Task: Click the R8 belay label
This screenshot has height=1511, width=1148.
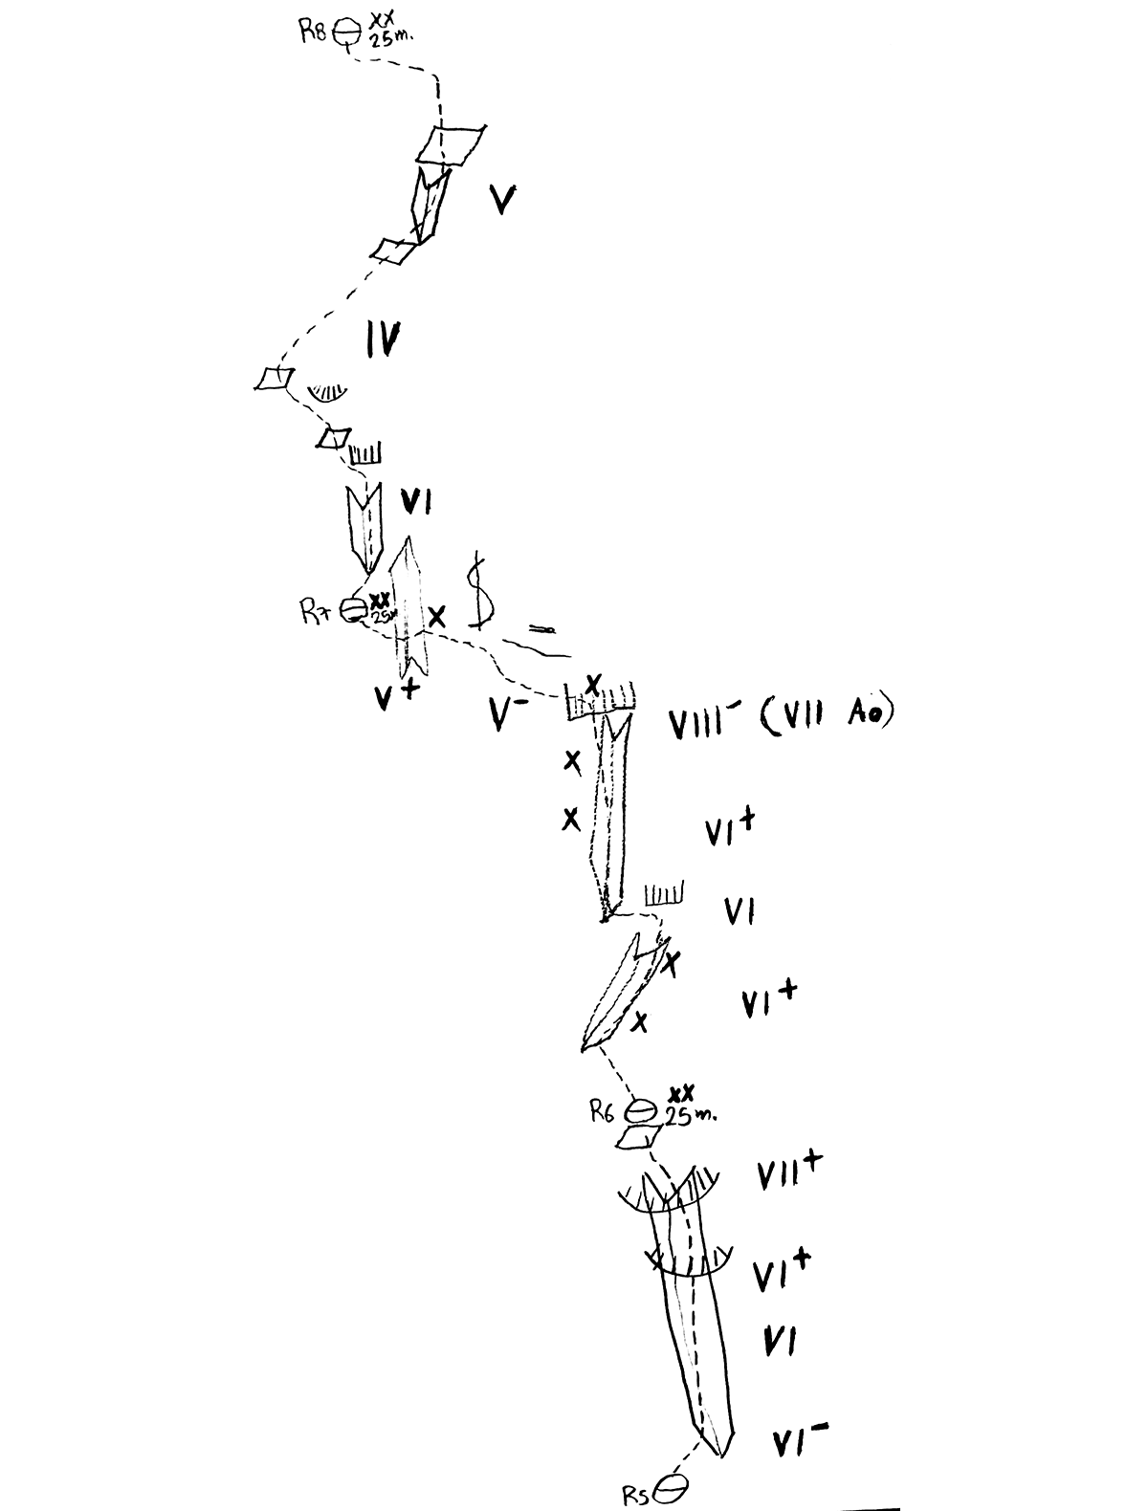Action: pos(313,33)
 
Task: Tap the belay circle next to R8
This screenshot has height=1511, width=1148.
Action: pos(344,33)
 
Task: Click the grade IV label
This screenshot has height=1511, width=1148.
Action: pos(383,339)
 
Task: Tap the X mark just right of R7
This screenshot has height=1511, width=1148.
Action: pos(437,616)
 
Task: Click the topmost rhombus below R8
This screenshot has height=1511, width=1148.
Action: pos(451,144)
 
